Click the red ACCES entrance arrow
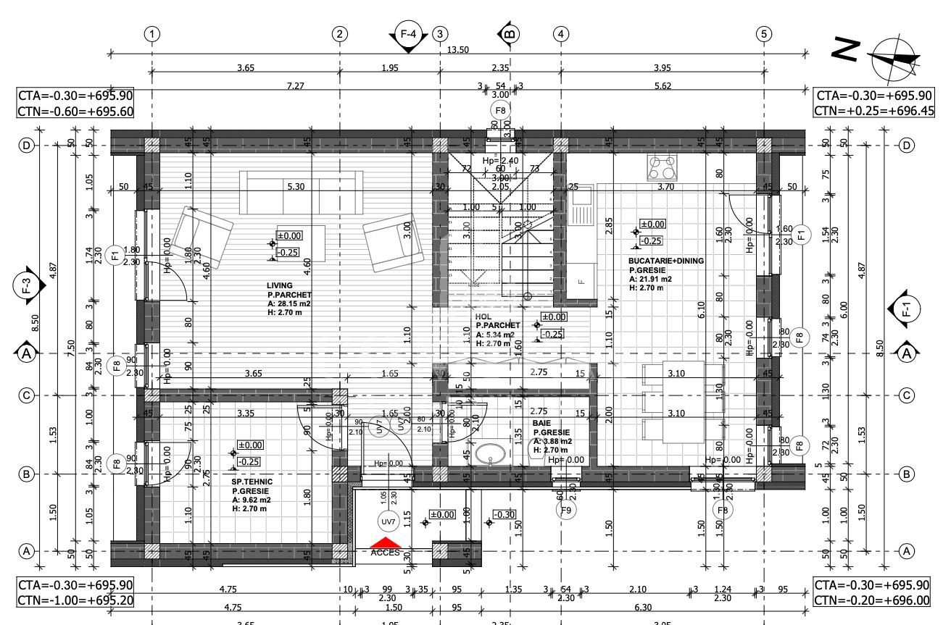click(385, 542)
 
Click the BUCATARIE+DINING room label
click(666, 261)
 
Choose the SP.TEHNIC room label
click(248, 481)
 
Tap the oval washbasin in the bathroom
click(491, 454)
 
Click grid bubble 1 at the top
click(151, 33)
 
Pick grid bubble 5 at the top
click(763, 33)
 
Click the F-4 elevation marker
click(408, 34)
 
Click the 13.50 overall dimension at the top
click(458, 49)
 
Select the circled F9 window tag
click(566, 510)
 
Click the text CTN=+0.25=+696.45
click(873, 111)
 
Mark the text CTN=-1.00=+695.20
click(75, 600)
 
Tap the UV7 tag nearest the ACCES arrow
click(389, 521)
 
